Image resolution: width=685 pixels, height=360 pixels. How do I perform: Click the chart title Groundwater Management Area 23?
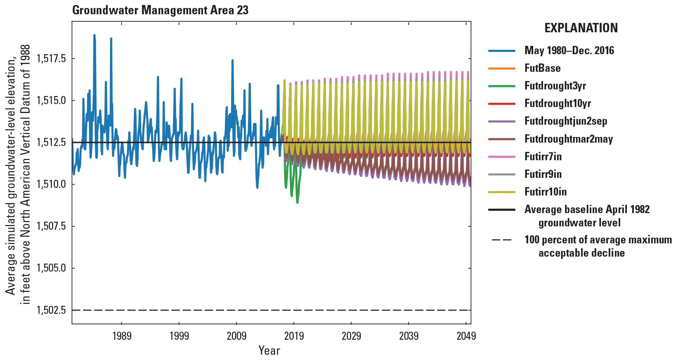(x=160, y=10)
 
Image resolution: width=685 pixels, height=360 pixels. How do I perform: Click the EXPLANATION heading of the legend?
(x=581, y=28)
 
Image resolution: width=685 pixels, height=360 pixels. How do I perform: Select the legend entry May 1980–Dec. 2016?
(x=569, y=51)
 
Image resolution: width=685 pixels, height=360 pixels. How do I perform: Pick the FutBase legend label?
(x=542, y=68)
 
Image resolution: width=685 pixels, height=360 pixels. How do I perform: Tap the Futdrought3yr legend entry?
(x=555, y=86)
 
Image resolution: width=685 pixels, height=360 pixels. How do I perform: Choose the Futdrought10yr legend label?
(x=557, y=103)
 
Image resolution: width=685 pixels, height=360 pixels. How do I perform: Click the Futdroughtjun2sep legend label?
(x=566, y=121)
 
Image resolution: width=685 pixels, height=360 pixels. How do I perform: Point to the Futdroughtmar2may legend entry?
(x=569, y=139)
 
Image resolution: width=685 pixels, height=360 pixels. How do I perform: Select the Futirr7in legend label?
(x=543, y=157)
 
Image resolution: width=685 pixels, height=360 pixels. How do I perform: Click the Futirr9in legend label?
(x=543, y=174)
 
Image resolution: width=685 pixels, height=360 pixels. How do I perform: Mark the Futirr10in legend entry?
(x=545, y=192)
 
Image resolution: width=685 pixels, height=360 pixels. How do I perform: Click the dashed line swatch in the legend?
(x=502, y=240)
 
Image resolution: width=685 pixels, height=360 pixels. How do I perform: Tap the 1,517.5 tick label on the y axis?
(x=51, y=59)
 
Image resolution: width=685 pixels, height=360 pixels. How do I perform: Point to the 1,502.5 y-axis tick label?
(x=51, y=310)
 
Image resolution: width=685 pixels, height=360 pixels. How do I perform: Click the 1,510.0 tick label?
(x=51, y=184)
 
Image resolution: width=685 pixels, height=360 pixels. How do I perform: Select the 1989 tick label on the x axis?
(x=122, y=336)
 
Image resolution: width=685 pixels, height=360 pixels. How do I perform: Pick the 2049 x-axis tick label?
(x=466, y=336)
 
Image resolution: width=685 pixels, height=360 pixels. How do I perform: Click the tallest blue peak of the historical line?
(x=94, y=35)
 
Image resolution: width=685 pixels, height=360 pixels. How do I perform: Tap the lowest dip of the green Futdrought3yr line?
(x=297, y=202)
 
